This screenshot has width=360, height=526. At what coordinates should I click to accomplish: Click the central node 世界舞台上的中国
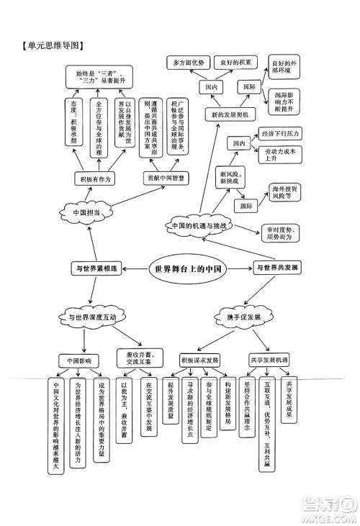point(186,268)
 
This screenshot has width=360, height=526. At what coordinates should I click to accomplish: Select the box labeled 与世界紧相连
point(97,268)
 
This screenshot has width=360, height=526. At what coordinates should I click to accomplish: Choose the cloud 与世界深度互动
point(93,317)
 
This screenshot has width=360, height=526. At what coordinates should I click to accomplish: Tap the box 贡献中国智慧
point(166,177)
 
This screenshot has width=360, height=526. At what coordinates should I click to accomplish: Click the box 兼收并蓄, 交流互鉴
point(139,358)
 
